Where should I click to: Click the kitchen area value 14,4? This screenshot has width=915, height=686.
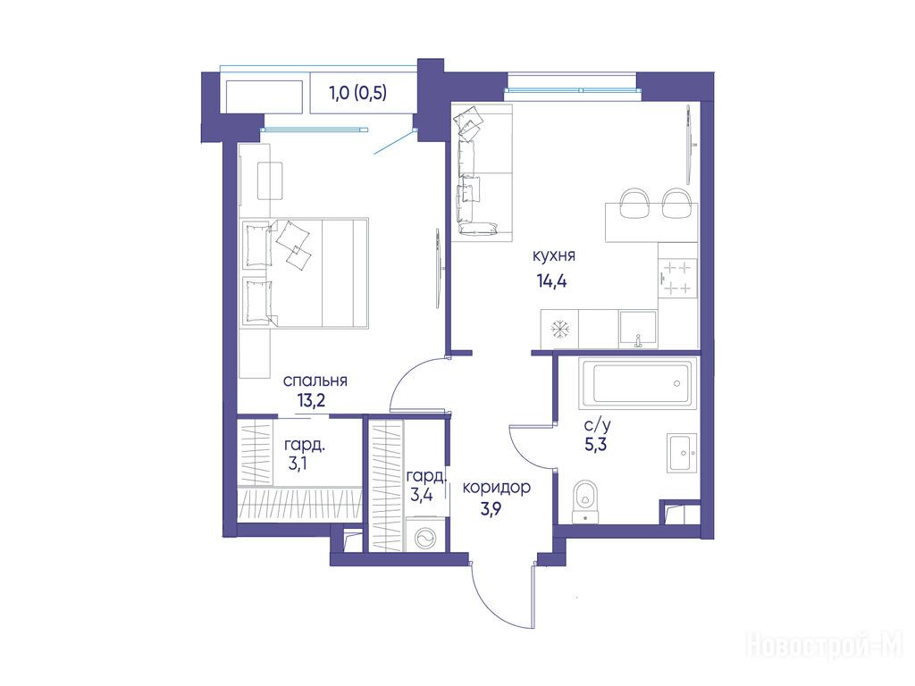click(552, 281)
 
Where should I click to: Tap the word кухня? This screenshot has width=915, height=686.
click(554, 255)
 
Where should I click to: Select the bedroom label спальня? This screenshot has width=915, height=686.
click(315, 381)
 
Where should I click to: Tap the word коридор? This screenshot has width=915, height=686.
click(497, 487)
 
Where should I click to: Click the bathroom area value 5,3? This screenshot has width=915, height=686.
click(596, 445)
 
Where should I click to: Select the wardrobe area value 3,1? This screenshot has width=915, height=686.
click(298, 464)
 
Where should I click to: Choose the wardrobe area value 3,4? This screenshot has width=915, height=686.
click(422, 496)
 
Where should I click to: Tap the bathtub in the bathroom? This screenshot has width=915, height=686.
click(637, 383)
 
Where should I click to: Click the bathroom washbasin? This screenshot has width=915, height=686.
click(682, 453)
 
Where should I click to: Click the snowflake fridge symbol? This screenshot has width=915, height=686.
click(559, 330)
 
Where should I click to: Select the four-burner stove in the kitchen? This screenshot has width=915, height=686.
click(678, 279)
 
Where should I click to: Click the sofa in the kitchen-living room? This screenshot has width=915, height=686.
click(483, 172)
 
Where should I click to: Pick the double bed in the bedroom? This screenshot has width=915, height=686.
click(304, 272)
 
